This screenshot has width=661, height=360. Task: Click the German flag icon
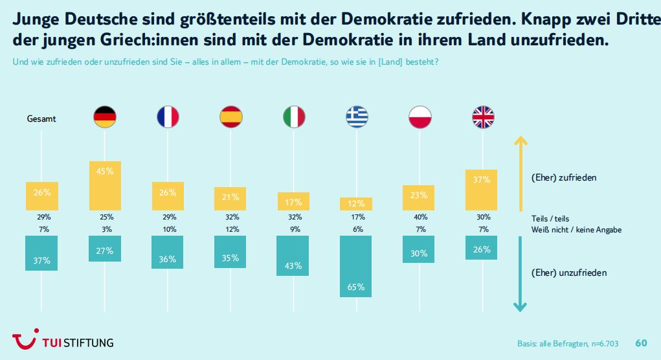click(x=105, y=117)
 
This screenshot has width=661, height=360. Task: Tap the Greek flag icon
click(x=356, y=117)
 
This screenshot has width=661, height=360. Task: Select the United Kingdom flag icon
click(x=482, y=117)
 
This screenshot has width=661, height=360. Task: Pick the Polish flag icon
click(x=419, y=117)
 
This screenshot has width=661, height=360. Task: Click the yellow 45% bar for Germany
click(x=105, y=185)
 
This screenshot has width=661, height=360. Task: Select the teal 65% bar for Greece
click(x=356, y=266)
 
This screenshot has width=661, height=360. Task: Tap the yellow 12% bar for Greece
click(x=356, y=203)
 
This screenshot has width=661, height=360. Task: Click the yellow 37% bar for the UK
click(x=482, y=190)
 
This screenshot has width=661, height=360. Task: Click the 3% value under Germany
click(x=105, y=229)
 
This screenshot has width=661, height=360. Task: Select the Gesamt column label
click(x=41, y=119)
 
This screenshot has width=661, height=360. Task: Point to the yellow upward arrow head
click(x=520, y=140)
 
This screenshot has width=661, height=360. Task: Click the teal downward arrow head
click(x=520, y=306)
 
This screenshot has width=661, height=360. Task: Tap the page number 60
click(x=641, y=343)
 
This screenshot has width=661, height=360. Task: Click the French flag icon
click(x=168, y=117)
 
